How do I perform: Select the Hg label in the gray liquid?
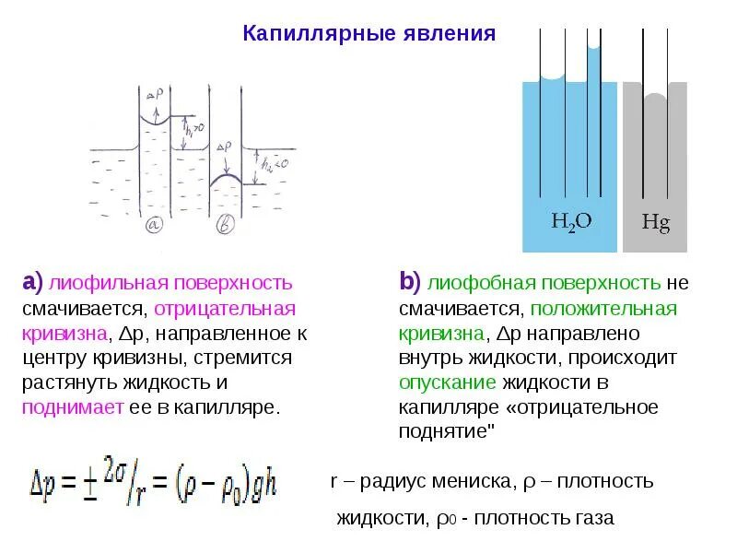[x=655, y=222]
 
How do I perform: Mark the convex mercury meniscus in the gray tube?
[x=655, y=97]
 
